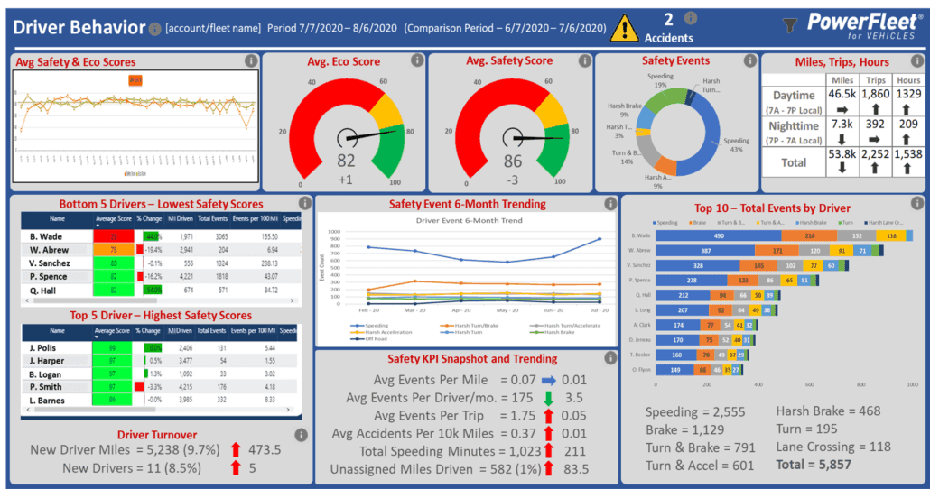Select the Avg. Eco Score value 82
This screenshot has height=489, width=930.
pos(346,161)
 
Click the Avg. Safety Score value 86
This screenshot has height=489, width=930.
pos(512,161)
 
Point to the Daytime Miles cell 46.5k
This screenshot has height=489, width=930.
pos(842,94)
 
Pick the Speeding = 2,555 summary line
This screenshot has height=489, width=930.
pos(695,412)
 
